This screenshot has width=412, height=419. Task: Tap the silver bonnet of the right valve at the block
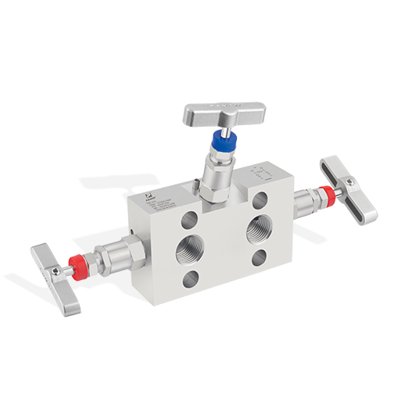click(x=304, y=202)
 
